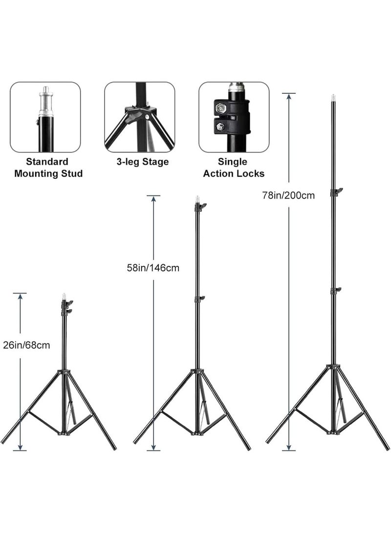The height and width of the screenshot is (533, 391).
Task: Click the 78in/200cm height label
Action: tap(288, 195)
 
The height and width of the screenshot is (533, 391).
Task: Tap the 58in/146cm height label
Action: tap(153, 268)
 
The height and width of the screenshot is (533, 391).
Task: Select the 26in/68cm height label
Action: tap(26, 345)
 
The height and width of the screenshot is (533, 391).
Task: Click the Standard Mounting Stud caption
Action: tap(48, 168)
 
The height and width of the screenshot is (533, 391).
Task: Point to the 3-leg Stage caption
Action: tap(142, 162)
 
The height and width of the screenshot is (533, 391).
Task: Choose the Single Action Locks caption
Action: tap(234, 168)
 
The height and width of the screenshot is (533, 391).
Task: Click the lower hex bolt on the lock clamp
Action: tap(220, 127)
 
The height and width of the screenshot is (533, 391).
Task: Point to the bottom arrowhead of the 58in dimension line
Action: tap(153, 448)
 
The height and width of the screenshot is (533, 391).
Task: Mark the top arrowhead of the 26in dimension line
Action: tap(20, 296)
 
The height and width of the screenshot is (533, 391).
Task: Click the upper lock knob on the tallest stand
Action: tap(336, 192)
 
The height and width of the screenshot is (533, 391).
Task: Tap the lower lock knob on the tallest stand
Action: tap(336, 291)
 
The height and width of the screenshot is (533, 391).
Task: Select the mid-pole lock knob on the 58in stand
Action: tap(199, 299)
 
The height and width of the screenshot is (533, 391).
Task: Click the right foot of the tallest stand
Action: tap(387, 448)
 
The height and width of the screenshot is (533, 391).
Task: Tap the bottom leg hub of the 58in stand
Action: tap(197, 433)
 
